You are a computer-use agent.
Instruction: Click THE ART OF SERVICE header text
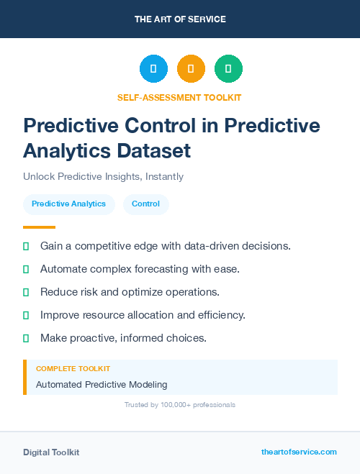point(180,19)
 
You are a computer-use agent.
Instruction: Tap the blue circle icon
point(153,69)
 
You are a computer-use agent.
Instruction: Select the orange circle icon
point(191,69)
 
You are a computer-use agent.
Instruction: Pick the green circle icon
point(228,69)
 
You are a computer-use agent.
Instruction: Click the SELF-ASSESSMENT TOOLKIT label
point(179,97)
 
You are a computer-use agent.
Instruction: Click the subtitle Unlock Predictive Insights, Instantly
point(103,176)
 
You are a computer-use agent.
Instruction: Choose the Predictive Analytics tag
point(68,204)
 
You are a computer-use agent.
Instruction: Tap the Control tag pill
point(145,204)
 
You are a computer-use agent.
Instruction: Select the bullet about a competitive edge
point(165,246)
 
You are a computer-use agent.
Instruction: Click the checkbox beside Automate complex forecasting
point(26,269)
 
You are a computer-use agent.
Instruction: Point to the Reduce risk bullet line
point(130,292)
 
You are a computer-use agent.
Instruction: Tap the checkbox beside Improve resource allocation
point(26,315)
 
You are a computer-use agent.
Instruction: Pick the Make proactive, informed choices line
point(123,338)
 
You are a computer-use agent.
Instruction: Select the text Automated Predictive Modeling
point(102,384)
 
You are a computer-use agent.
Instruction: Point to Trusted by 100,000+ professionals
point(179,405)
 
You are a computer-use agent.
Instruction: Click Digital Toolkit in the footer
point(51,452)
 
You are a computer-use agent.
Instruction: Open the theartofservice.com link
point(299,452)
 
